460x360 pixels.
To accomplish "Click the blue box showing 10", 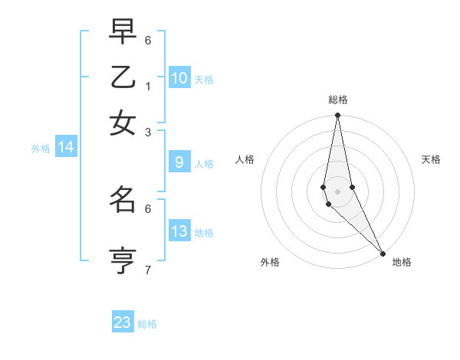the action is click(x=179, y=78).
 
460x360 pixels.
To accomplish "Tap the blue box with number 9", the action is click(x=179, y=162).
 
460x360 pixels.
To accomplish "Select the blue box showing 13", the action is click(x=179, y=231).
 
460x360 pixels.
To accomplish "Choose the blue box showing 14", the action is click(x=66, y=148).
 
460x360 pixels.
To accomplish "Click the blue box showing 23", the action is click(x=123, y=322).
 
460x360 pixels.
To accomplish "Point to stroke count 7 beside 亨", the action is click(x=148, y=270).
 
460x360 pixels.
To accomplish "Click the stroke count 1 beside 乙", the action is click(x=148, y=86).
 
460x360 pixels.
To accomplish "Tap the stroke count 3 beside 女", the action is click(x=148, y=132).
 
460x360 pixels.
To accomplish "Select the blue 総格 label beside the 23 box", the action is click(x=147, y=324).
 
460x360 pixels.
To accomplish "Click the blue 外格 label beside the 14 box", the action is click(x=41, y=149).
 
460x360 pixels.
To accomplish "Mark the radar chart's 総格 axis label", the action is click(x=337, y=100).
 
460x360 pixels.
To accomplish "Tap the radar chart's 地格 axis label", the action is click(x=402, y=263).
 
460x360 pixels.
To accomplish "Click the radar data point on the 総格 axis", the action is click(x=337, y=116).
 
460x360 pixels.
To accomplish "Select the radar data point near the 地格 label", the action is click(x=382, y=254).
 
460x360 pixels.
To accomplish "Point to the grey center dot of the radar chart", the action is click(x=337, y=191).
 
